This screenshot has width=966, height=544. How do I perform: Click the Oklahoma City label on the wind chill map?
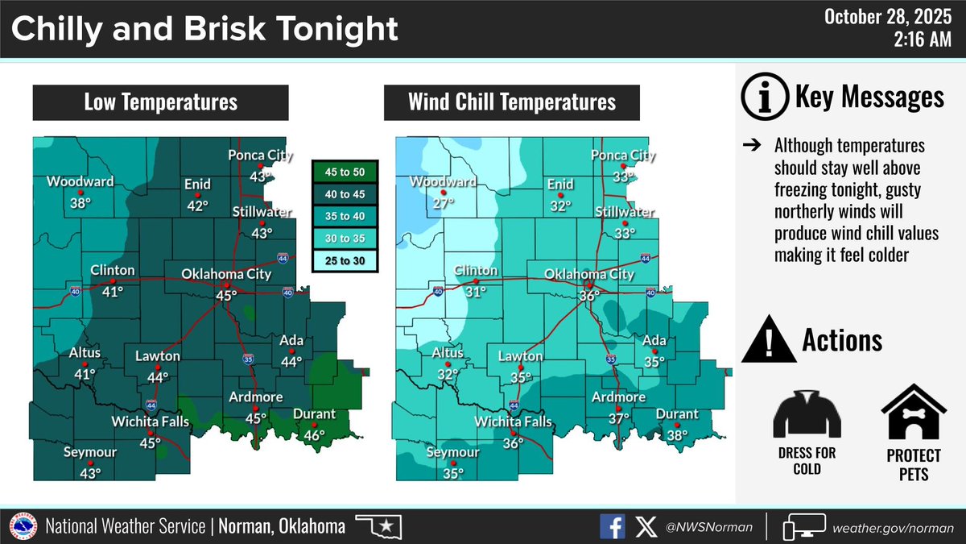[x=589, y=274]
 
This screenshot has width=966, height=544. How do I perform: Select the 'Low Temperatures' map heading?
[x=161, y=102]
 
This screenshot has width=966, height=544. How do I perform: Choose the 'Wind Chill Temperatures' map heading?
[x=512, y=102]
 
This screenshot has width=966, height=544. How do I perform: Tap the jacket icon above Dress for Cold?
[x=807, y=412]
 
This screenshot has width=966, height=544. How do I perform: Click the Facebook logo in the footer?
[x=612, y=527]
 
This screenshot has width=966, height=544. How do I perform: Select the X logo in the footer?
[x=646, y=527]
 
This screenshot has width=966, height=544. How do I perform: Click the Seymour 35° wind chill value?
[x=452, y=473]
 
